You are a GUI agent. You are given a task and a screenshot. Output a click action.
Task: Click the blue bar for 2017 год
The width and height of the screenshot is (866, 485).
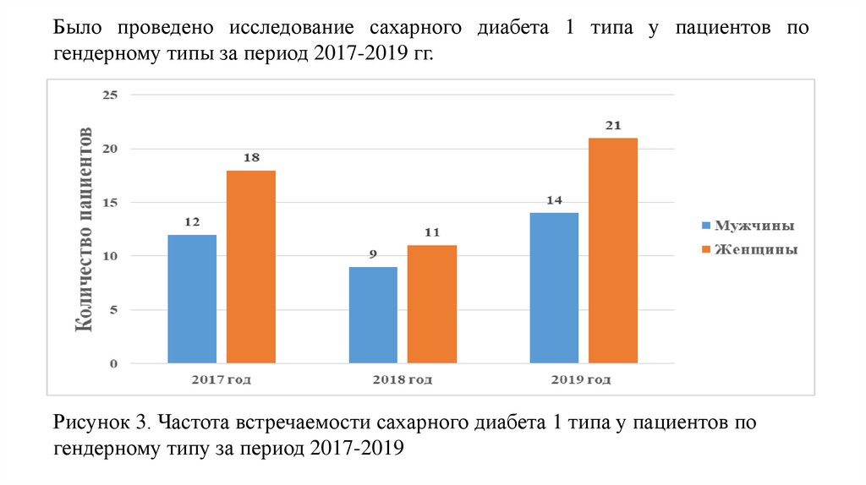[192, 299]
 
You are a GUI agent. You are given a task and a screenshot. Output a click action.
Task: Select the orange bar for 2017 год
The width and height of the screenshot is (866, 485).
[250, 267]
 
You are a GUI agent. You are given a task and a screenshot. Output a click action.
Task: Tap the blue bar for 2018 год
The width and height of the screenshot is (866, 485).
[373, 315]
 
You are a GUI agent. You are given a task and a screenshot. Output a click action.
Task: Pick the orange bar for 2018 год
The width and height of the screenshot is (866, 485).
[431, 304]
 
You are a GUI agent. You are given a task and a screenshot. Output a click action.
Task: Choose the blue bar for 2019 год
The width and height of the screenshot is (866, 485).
[554, 288]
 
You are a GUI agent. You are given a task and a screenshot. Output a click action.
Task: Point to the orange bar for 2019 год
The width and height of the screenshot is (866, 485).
[612, 251]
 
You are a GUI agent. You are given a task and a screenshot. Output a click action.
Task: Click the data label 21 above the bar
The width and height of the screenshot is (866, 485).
[613, 126]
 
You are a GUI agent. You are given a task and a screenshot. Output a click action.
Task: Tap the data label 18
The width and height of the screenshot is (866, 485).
[250, 157]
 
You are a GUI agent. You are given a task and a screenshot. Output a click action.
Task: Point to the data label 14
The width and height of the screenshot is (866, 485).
[554, 200]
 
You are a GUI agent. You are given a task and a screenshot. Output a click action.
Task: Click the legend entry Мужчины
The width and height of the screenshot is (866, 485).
[755, 226]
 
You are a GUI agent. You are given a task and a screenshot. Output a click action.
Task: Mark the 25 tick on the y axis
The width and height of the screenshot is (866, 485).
[109, 95]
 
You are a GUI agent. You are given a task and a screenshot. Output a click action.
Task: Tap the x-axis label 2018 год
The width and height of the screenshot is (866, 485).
[402, 379]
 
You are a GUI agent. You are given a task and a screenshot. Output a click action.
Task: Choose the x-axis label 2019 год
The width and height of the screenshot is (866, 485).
[583, 379]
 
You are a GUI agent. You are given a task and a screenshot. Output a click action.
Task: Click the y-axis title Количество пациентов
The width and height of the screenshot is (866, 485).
[86, 228]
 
